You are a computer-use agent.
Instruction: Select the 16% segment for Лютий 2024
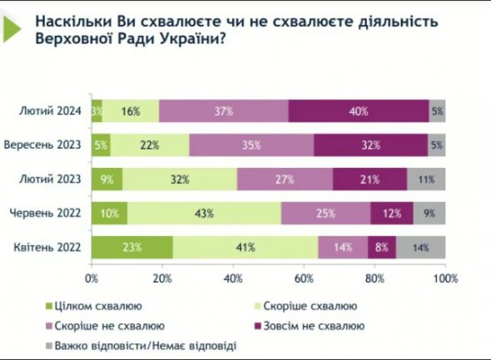(130, 111)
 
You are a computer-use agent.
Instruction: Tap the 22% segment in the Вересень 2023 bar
(150, 144)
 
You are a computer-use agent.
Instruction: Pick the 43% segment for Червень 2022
(204, 213)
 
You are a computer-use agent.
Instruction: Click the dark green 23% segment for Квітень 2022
(132, 247)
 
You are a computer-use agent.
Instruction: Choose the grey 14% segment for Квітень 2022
(420, 247)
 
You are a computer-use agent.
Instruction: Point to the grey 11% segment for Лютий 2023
(426, 178)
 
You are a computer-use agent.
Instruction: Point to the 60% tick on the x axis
(305, 277)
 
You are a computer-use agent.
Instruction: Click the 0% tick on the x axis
(92, 277)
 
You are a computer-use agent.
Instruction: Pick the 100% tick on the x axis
(445, 277)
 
